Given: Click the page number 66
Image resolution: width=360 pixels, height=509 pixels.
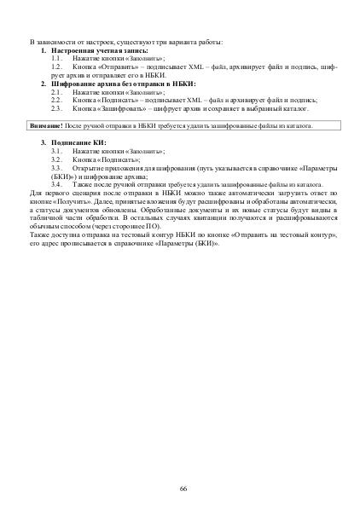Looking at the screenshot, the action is [183, 488].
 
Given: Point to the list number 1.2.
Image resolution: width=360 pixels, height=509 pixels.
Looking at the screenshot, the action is [57, 66].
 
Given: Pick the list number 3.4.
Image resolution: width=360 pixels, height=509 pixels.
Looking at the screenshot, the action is [57, 184].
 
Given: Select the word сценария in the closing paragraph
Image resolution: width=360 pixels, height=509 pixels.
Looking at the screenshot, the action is [85, 193].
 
